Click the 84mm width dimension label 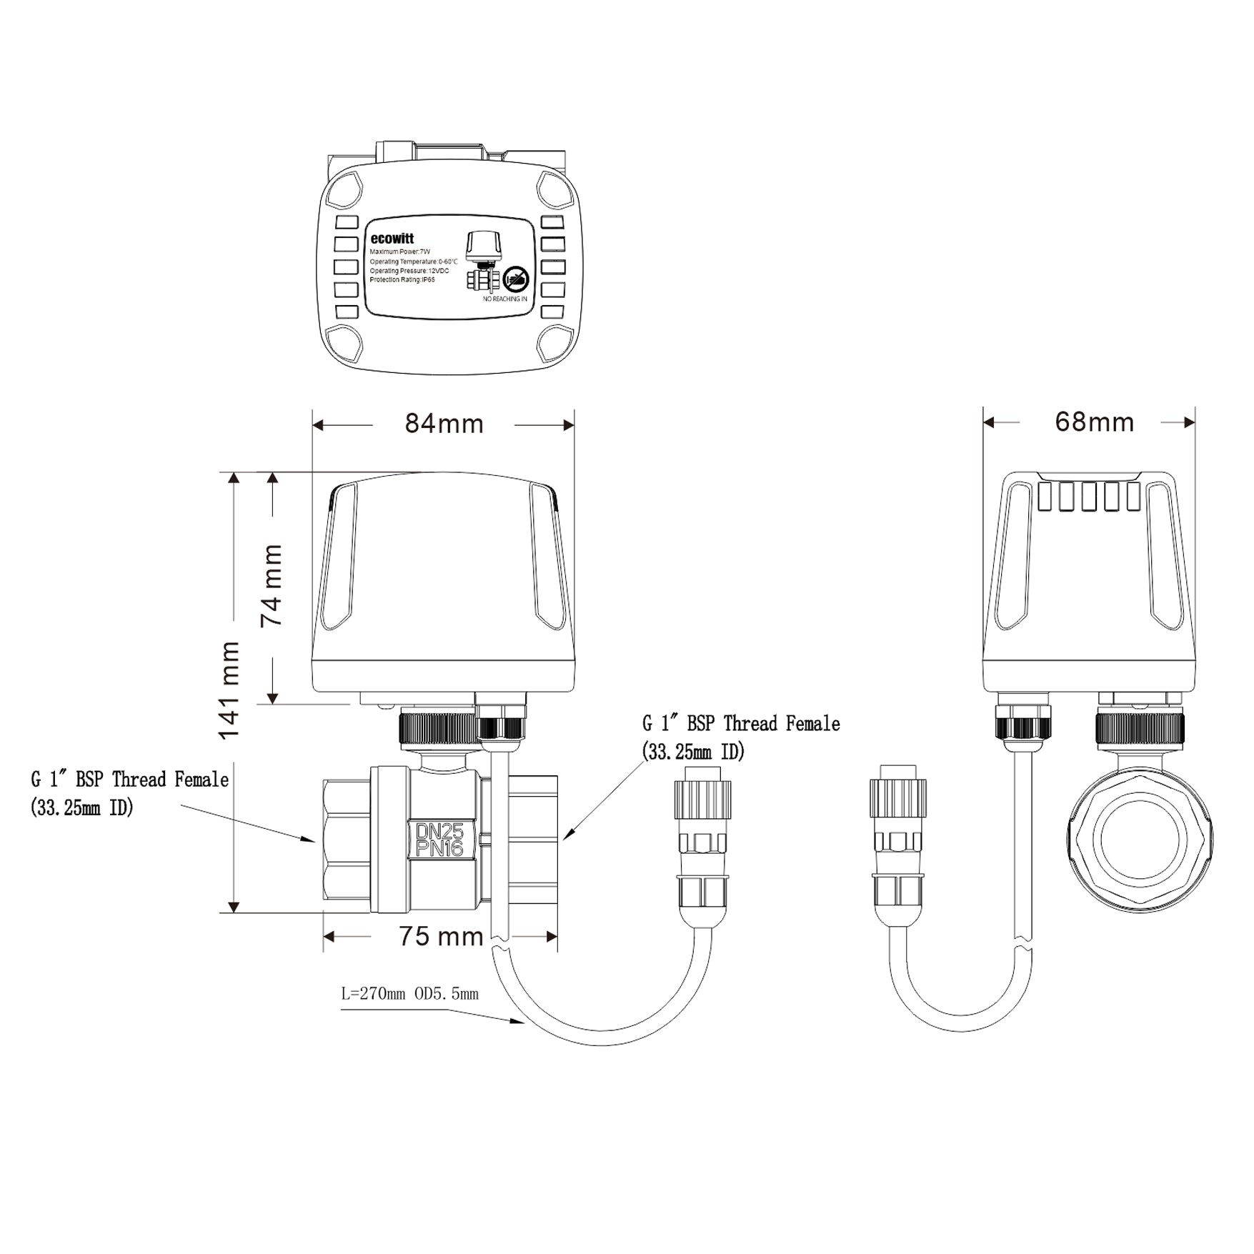444,424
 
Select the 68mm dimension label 1094,422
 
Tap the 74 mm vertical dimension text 272,586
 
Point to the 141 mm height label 229,690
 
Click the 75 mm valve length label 441,936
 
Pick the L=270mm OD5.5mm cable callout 409,994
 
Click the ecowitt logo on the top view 392,239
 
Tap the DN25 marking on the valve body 440,831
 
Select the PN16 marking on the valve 440,848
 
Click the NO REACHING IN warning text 504,299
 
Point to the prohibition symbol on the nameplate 515,279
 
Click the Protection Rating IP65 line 402,280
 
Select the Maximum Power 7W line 400,252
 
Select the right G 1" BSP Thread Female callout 740,737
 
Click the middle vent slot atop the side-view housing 1089,497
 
